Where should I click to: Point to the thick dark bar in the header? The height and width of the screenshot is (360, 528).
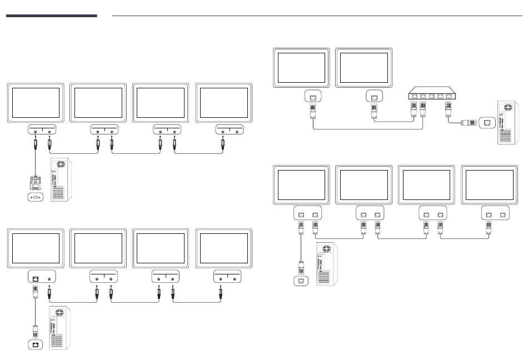click(52, 16)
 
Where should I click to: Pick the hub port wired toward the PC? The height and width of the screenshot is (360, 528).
click(448, 96)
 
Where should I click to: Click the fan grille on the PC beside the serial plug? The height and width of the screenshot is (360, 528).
click(61, 165)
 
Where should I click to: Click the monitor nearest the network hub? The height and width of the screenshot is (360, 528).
click(364, 67)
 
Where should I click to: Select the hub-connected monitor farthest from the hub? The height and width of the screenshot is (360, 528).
click(301, 67)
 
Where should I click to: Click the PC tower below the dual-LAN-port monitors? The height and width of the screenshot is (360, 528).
click(326, 264)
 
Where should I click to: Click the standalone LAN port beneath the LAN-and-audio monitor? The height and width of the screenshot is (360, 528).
click(36, 345)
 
